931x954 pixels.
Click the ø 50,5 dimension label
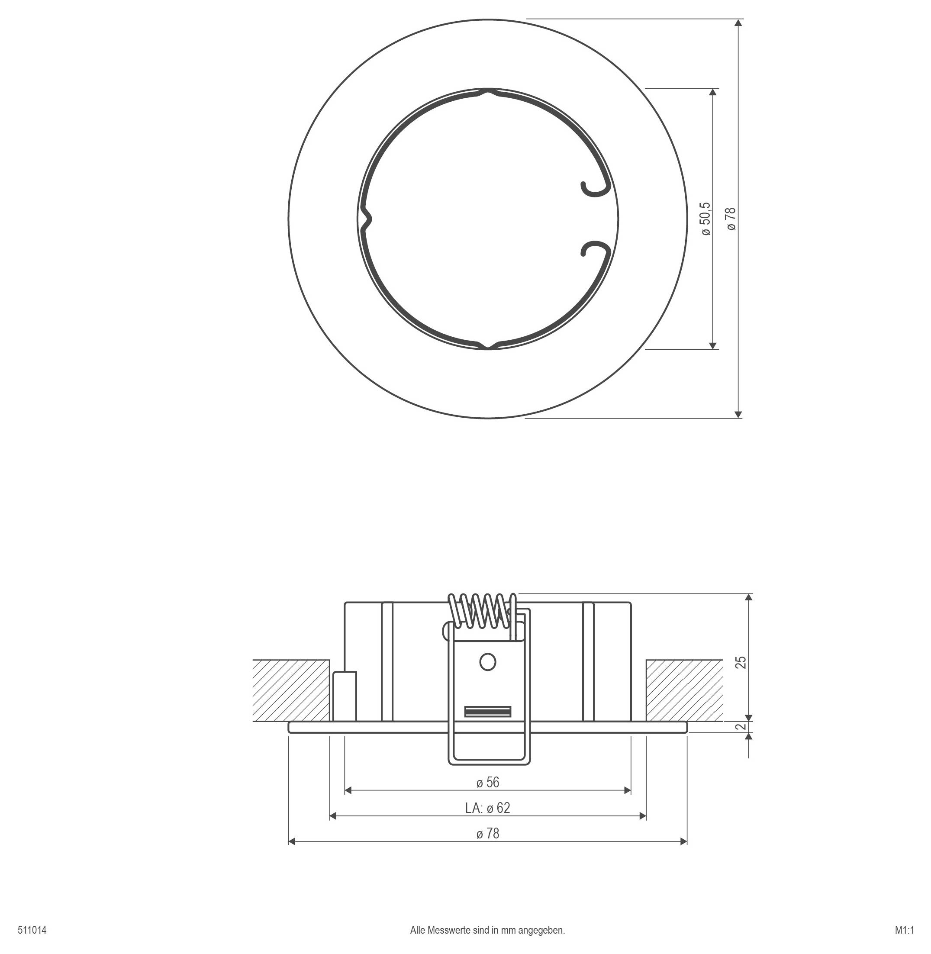(705, 219)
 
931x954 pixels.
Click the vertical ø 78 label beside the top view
(731, 219)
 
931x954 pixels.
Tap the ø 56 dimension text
(487, 782)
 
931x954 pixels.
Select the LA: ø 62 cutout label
(487, 808)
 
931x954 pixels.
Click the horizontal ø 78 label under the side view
(487, 834)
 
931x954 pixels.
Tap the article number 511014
(32, 930)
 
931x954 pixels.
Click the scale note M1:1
(904, 930)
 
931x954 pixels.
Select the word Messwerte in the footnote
(449, 930)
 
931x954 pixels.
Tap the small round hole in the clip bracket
(487, 662)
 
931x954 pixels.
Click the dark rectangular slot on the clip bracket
(487, 712)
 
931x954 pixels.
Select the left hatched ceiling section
(291, 690)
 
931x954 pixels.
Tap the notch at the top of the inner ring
(487, 91)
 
